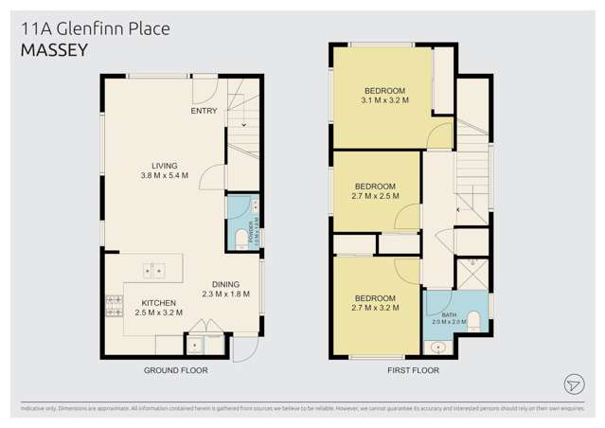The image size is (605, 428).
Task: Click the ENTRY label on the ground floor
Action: tap(204, 111)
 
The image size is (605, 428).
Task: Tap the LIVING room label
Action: tap(165, 165)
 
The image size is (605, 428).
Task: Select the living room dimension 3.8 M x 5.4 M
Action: tap(165, 175)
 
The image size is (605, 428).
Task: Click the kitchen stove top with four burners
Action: tap(114, 306)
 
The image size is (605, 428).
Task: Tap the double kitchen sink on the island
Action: tap(153, 272)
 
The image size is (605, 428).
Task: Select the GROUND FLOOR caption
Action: tap(175, 370)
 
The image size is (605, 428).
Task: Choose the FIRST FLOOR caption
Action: tap(413, 370)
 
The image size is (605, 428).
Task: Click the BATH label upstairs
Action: tap(449, 314)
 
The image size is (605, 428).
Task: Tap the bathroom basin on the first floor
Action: tap(438, 348)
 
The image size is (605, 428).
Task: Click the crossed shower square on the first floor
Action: tap(471, 272)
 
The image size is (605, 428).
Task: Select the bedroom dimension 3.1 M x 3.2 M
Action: tap(383, 99)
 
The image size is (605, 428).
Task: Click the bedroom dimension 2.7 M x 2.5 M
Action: tap(375, 196)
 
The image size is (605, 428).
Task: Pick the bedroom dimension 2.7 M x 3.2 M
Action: tap(375, 307)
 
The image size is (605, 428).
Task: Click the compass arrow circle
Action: tap(573, 383)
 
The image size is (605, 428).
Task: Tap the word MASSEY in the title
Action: tap(54, 50)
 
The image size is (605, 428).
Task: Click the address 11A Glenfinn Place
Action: tap(95, 28)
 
